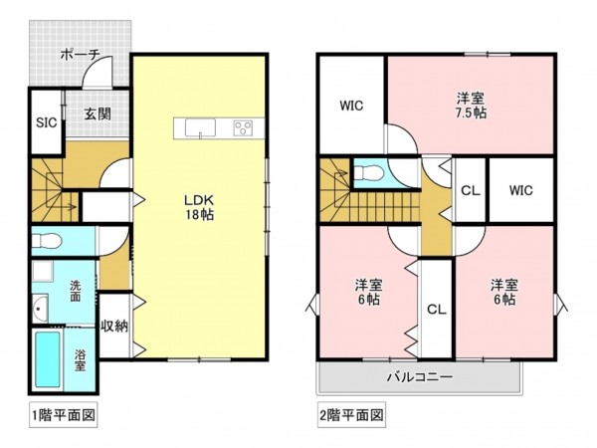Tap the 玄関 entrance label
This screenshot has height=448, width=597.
tap(97, 113)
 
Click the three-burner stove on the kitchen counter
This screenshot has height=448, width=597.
tap(243, 127)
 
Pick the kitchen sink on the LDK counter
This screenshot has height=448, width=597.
tap(197, 127)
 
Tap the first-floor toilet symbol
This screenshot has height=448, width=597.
tap(50, 240)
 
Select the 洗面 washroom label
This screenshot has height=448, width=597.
tap(76, 291)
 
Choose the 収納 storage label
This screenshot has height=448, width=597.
tap(112, 326)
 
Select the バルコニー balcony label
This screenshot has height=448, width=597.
tap(419, 377)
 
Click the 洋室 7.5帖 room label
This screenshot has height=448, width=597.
tap(471, 105)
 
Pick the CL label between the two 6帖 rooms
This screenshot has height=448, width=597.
tap(435, 310)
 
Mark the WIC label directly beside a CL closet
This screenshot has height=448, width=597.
tap(520, 190)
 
